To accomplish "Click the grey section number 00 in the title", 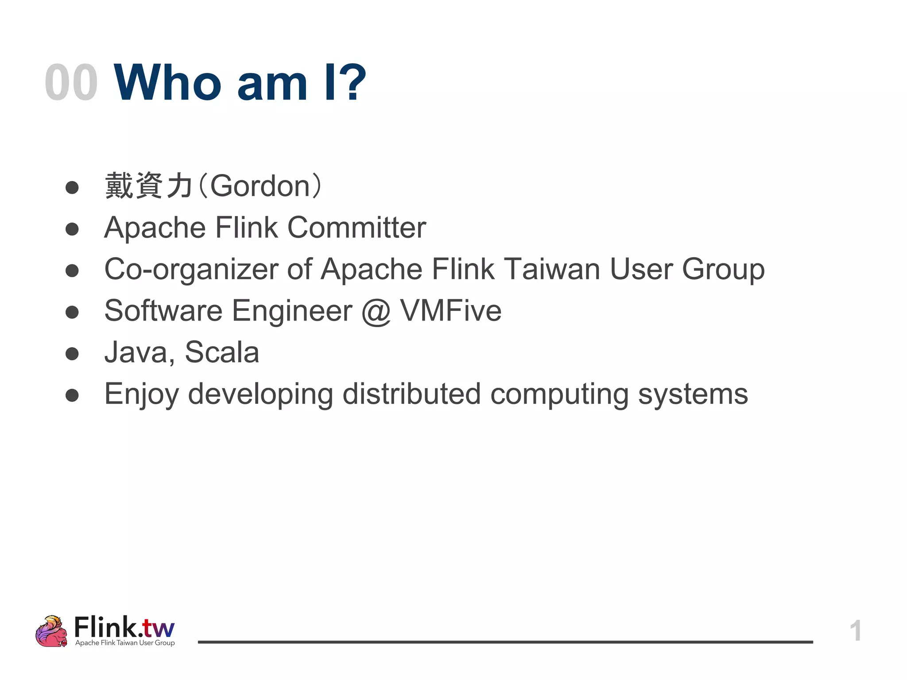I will [71, 83].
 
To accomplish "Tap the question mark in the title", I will [353, 83].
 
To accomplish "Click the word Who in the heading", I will [167, 83].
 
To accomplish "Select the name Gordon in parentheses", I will [260, 186].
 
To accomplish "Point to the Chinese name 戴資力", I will [148, 186].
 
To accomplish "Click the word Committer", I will [357, 228].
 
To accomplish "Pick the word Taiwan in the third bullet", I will [552, 269].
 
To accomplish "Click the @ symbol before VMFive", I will [376, 311].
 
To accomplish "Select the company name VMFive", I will [451, 311].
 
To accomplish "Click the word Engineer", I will [292, 311].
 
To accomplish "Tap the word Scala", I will [221, 352].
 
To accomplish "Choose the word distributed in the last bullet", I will [411, 394].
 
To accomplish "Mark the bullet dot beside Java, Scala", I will [72, 354].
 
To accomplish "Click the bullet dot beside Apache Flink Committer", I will [72, 229].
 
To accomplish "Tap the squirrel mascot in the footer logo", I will [51, 631].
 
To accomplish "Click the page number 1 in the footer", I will [855, 630].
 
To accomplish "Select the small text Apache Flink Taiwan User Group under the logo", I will [125, 643].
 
